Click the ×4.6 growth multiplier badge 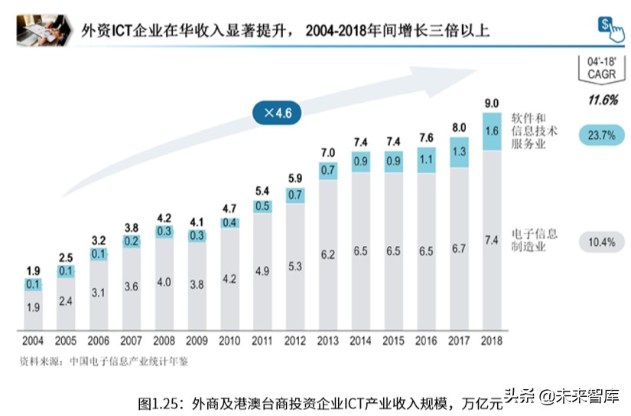point(277,113)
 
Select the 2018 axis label point(492,340)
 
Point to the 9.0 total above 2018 point(492,103)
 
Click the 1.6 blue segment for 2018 point(492,131)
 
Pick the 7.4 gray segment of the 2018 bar point(492,241)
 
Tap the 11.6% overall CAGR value point(602,100)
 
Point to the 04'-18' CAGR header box point(602,66)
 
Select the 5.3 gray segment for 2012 point(294,267)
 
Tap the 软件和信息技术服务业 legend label point(535,131)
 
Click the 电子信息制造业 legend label point(535,240)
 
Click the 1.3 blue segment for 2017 point(459,152)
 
